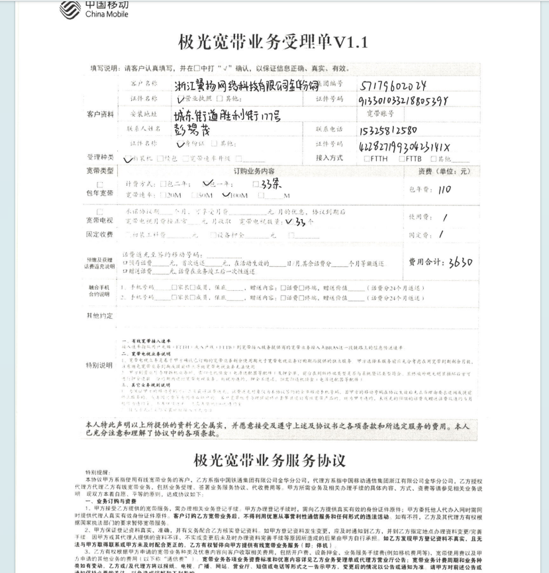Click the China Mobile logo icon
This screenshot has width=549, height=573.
tap(69, 9)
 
